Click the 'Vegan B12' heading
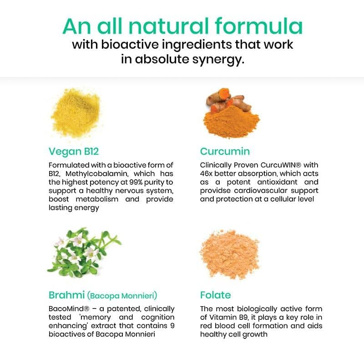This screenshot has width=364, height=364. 74,152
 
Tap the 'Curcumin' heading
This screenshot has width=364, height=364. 225,152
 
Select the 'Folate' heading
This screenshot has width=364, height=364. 215,295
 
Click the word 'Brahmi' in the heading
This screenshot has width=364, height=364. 66,295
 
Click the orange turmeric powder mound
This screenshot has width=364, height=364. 231,121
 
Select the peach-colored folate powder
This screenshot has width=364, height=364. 229,254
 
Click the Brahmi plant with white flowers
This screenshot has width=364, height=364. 84,252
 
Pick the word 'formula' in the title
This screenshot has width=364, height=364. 258,26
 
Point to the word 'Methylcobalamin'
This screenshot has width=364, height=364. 96,174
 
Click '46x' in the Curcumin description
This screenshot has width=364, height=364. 206,174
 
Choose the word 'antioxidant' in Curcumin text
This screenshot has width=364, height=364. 277,182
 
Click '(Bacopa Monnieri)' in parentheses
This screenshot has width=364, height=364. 122,296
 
